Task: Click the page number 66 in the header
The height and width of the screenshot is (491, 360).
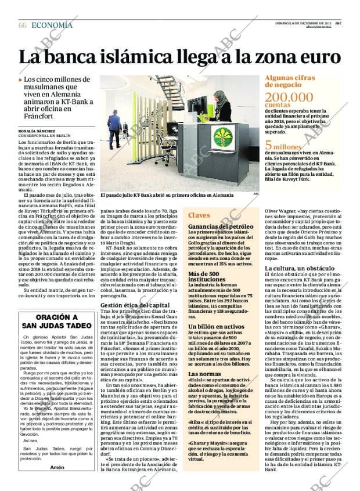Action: (23, 25)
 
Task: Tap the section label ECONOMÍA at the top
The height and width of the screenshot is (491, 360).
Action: (52, 25)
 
